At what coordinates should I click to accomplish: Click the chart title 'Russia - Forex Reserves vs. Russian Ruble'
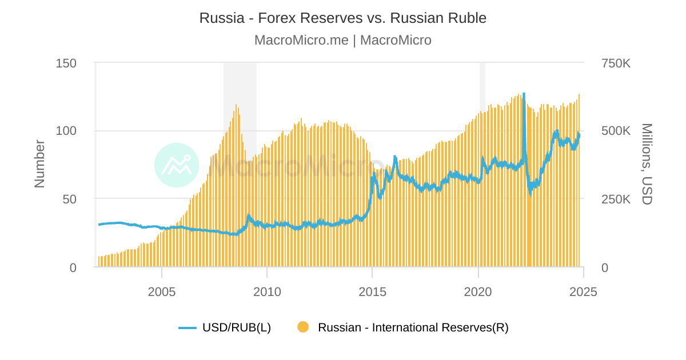click(x=343, y=18)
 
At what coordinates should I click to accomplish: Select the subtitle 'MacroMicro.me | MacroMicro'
click(x=343, y=41)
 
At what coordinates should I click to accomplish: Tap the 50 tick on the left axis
click(x=69, y=199)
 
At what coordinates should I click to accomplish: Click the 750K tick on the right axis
click(x=616, y=63)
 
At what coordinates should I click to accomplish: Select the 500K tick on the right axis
click(x=616, y=131)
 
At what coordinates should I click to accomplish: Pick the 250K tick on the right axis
click(x=616, y=199)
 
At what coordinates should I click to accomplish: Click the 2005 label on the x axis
click(x=162, y=291)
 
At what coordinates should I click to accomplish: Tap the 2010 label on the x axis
click(x=267, y=291)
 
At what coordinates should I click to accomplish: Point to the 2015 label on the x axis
click(x=373, y=291)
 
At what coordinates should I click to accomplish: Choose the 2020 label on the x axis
click(x=478, y=291)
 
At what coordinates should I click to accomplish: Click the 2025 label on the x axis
click(x=583, y=291)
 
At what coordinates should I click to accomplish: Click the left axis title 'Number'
click(x=39, y=164)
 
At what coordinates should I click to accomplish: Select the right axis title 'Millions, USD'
click(x=647, y=164)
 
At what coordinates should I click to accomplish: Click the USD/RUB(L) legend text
click(x=237, y=327)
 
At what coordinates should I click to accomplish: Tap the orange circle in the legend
click(x=303, y=327)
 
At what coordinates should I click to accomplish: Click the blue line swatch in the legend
click(x=188, y=327)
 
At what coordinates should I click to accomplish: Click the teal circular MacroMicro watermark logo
click(x=177, y=165)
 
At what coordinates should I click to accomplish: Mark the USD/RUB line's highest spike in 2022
click(x=524, y=94)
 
